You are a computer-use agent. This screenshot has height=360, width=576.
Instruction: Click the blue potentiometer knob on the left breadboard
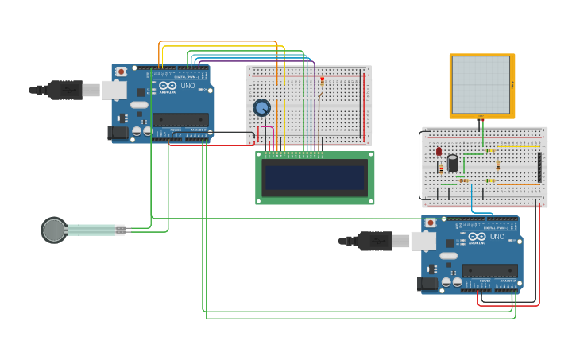pyautogui.click(x=261, y=107)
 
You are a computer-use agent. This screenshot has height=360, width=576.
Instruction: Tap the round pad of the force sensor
pyautogui.click(x=54, y=230)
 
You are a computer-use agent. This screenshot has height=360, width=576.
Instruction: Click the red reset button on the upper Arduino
pyautogui.click(x=121, y=72)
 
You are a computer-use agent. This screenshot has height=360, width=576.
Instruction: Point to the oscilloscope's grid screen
pyautogui.click(x=481, y=84)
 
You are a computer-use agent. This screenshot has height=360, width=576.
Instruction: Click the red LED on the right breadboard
pyautogui.click(x=439, y=151)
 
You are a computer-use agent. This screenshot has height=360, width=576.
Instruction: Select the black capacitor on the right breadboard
pyautogui.click(x=452, y=163)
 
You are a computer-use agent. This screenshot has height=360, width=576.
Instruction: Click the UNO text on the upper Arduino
pyautogui.click(x=188, y=86)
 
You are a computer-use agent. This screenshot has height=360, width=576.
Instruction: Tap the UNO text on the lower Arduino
pyautogui.click(x=497, y=237)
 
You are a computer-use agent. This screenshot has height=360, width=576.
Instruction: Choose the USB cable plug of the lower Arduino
pyautogui.click(x=375, y=240)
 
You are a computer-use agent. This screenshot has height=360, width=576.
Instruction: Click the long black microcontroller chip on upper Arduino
pyautogui.click(x=181, y=120)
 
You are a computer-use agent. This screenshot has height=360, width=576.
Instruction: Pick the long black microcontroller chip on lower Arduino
pyautogui.click(x=490, y=271)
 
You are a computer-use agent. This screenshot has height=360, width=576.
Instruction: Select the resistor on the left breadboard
pyautogui.click(x=322, y=80)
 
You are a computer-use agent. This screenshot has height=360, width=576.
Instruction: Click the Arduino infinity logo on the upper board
pyautogui.click(x=168, y=86)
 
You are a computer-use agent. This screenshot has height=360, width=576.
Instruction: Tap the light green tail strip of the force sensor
pyautogui.click(x=91, y=230)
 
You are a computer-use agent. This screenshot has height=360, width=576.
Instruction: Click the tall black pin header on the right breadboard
pyautogui.click(x=540, y=166)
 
